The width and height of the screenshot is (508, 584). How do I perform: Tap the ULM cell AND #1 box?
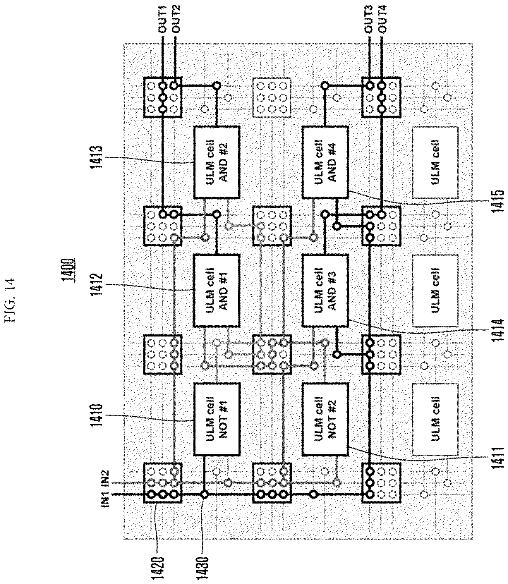(x=217, y=291)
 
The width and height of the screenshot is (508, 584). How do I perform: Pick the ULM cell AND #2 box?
(x=217, y=162)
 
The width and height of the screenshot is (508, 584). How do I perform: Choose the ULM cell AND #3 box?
(x=325, y=291)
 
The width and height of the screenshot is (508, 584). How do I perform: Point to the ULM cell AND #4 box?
(x=325, y=162)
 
